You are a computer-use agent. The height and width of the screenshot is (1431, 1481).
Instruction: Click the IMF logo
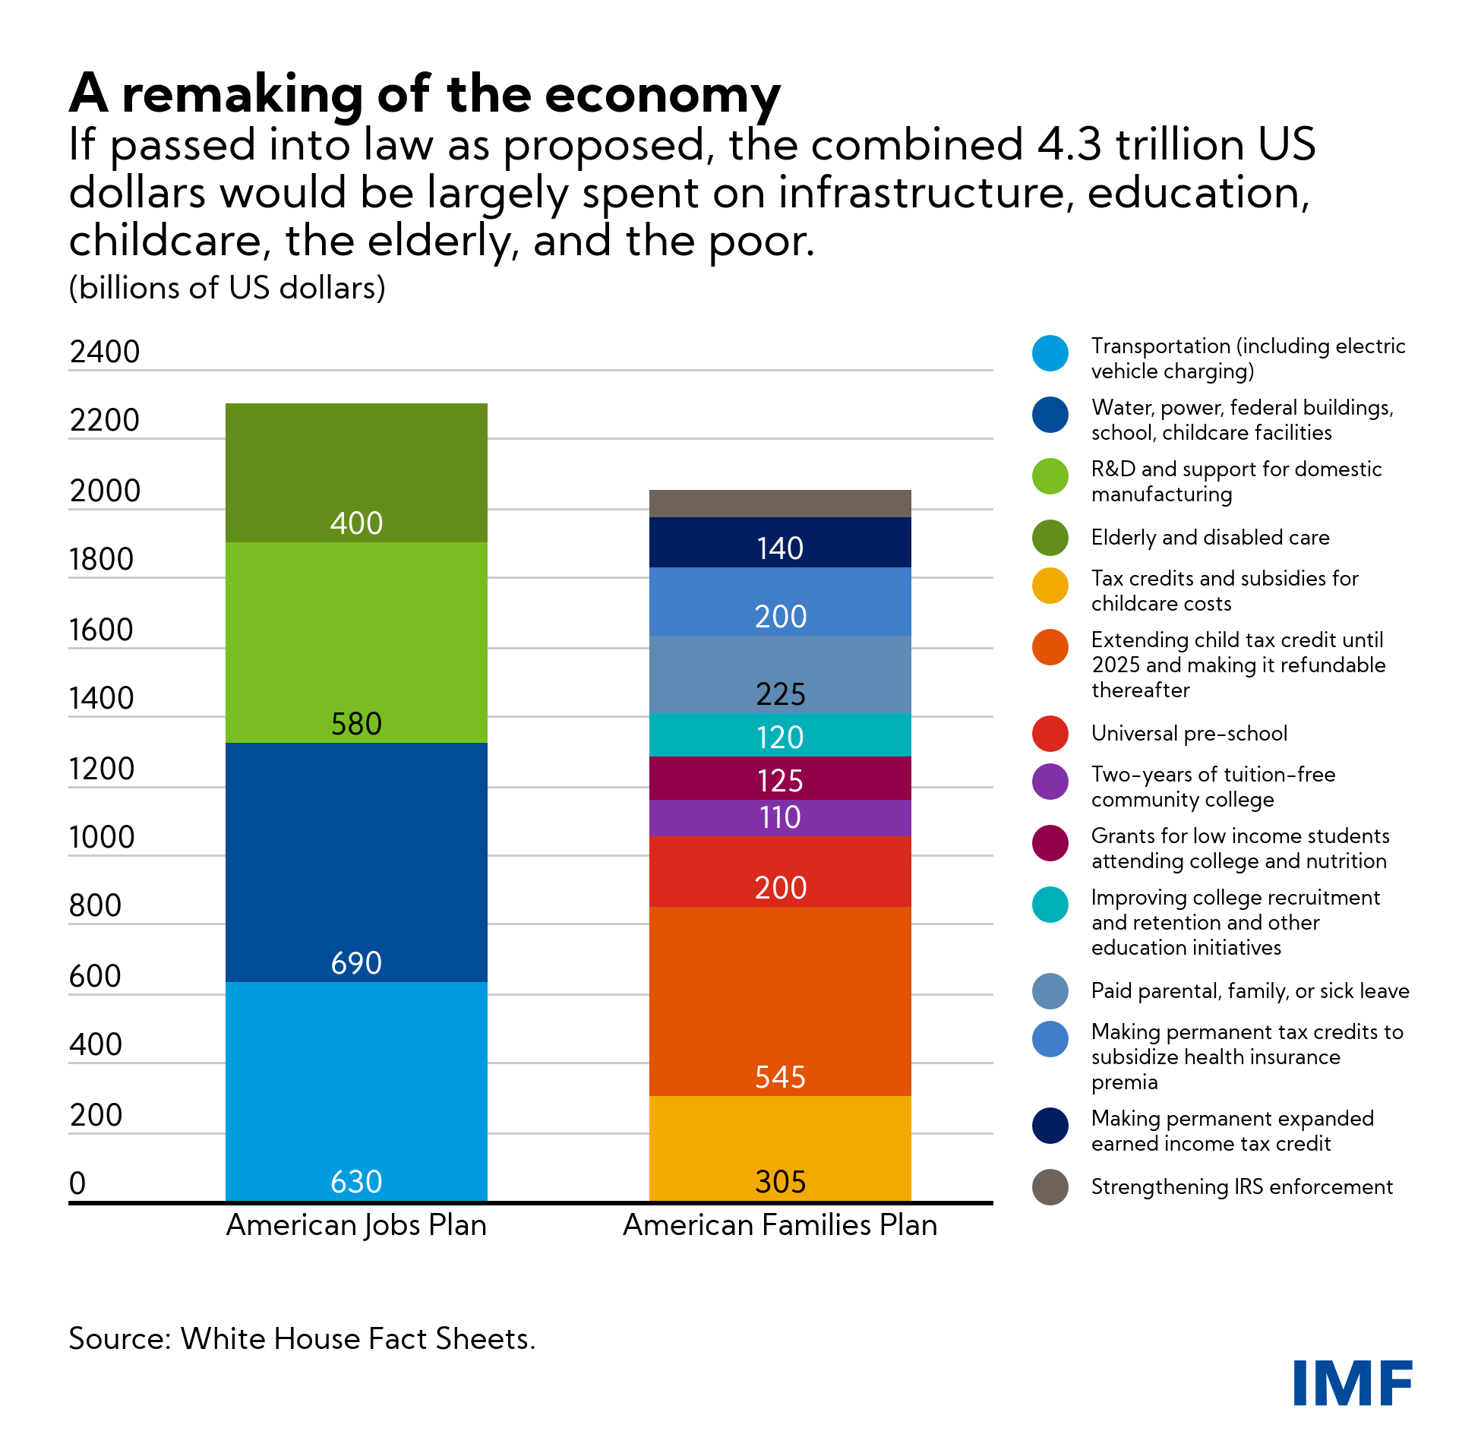1352,1382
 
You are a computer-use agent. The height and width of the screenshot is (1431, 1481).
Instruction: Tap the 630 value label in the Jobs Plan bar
356,1182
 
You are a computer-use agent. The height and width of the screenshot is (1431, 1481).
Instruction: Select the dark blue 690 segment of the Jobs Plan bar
356,862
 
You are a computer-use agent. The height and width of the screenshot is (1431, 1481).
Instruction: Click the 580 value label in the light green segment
356,724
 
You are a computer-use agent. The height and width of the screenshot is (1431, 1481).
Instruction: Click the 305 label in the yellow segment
780,1182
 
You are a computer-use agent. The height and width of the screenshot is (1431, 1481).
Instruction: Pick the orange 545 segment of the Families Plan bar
780,1000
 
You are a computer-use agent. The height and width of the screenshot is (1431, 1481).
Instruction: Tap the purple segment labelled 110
780,818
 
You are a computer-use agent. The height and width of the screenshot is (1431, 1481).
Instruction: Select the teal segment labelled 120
780,735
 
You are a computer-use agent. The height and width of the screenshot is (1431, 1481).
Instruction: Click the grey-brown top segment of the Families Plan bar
780,504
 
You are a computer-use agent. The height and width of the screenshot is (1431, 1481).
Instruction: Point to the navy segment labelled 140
780,542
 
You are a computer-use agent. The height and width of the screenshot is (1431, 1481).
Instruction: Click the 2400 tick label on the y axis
105,352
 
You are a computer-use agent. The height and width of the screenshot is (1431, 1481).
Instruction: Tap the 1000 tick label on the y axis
102,838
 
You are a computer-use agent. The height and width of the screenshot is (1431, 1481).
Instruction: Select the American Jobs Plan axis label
356,1225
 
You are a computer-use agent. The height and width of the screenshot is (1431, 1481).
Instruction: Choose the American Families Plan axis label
780,1225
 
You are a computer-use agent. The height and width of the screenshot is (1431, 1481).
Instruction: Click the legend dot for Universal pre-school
1050,734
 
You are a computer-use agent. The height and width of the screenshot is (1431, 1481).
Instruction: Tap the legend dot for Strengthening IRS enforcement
1050,1187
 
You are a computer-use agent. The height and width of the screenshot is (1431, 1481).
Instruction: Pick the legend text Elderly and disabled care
1210,538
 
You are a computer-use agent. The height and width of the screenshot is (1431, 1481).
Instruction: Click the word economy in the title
662,95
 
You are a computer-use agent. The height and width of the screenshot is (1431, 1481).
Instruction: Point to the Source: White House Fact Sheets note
302,1338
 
